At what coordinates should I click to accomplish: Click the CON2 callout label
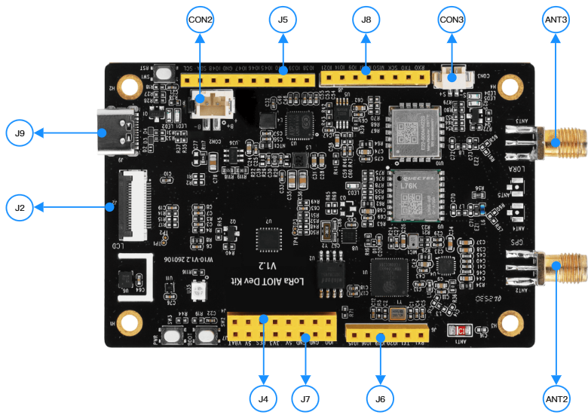[x=199, y=19]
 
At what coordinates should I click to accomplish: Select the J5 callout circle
[x=283, y=19]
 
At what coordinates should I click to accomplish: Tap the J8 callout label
[x=366, y=19]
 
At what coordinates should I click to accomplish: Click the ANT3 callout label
[x=556, y=19]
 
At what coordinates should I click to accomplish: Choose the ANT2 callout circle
[x=556, y=397]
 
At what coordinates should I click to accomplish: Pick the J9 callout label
[x=20, y=133]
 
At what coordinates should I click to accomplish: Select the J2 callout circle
[x=20, y=206]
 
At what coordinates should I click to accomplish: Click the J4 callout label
[x=263, y=397]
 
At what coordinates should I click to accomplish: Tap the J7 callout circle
[x=305, y=397]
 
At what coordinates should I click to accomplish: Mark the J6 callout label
[x=380, y=397]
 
